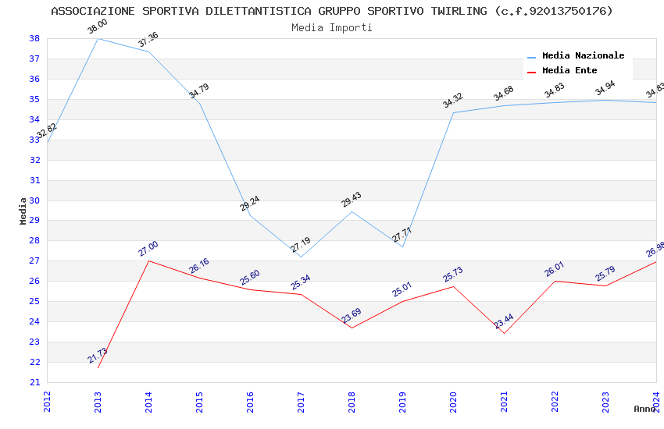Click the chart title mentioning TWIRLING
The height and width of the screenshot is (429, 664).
332,11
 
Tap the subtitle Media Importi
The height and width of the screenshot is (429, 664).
332,27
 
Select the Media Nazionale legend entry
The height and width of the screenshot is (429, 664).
583,56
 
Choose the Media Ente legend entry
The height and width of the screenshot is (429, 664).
569,71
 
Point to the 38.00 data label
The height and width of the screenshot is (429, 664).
98,27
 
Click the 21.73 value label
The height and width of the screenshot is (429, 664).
98,356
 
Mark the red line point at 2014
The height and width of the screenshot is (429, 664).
148,261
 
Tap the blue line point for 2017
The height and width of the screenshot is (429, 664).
301,257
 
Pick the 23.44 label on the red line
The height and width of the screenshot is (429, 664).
504,322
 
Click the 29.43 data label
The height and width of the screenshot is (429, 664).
352,200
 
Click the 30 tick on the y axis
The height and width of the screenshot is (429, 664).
34,200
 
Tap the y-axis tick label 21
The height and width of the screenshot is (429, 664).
34,382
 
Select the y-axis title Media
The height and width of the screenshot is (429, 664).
23,211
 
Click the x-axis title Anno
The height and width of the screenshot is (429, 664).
644,409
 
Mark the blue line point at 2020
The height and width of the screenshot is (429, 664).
453,112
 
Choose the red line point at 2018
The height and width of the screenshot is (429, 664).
352,328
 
